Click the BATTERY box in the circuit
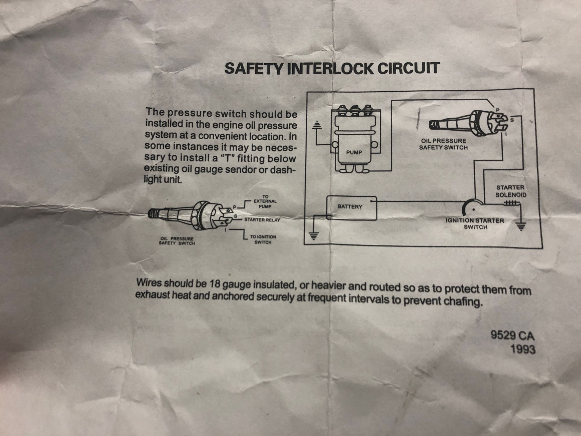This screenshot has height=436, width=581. tap(352, 208)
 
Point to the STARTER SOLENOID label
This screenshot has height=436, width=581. tap(510, 191)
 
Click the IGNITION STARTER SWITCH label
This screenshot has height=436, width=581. tap(475, 224)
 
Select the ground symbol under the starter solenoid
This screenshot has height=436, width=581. tap(520, 226)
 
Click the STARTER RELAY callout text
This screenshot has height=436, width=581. tap(262, 220)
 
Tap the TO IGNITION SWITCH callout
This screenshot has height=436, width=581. tap(263, 240)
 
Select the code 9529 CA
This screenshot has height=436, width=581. tap(513, 336)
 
